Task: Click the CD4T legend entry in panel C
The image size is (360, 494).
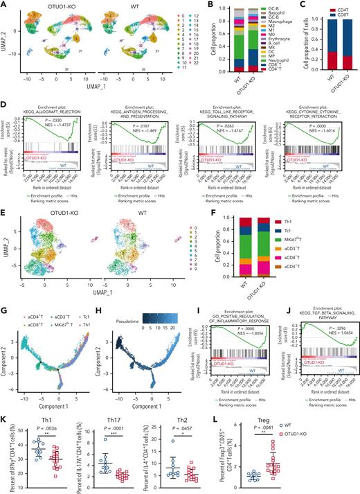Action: click(339, 8)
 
